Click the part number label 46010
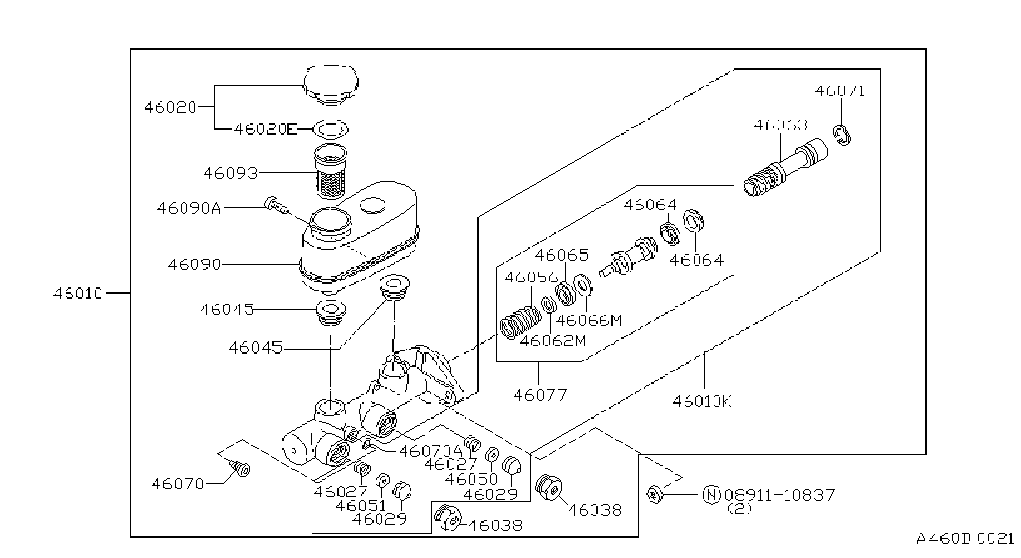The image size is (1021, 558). pos(78,293)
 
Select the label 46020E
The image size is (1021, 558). pos(265,129)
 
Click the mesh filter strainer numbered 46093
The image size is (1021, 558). pos(331,172)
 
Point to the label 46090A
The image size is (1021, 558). pos(189,208)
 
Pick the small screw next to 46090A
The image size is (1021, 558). pos(276,204)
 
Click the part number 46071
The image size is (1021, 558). pos(840,91)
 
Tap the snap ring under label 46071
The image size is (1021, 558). pos(842,135)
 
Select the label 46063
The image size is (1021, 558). pos(781,125)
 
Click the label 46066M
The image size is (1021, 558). pos(588,321)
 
